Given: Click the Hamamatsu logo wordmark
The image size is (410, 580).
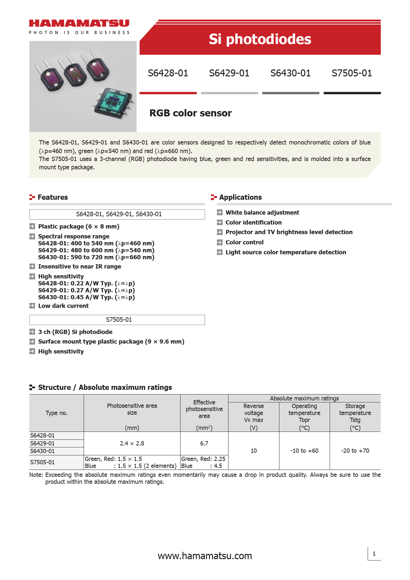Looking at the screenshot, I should pos(79,23).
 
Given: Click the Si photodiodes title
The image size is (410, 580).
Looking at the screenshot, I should pos(260,39).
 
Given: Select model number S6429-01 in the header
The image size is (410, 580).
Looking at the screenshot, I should pos(229,73).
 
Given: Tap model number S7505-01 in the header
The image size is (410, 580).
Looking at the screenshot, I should pos(352,73).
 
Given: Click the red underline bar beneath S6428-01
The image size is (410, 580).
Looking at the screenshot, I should pos(168,93).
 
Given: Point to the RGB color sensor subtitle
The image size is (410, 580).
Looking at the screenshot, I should pos(190,113).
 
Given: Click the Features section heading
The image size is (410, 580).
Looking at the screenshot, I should pos(53,197).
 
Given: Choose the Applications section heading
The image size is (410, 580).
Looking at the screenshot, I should pos(240,197).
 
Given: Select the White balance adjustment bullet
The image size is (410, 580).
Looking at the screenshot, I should pos(262,213).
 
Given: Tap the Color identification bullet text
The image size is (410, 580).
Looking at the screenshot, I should pos(254,223).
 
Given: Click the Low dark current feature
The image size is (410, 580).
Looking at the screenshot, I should pos(63,306).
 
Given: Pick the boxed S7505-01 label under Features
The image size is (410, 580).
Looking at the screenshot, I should pos(119,320).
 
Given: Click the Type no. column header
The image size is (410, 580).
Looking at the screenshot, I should pos(57,413).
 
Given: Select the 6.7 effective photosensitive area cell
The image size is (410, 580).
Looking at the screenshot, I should pos(204,443).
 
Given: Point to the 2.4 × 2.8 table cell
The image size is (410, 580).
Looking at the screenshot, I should pos(132,443).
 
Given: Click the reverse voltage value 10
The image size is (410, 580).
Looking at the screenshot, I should pos(254,451).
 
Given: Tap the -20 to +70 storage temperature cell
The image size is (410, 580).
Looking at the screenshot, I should pos(355,451).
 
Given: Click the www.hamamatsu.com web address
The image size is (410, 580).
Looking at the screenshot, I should pos(205,556).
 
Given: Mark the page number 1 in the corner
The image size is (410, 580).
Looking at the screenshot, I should pos(374,554).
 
